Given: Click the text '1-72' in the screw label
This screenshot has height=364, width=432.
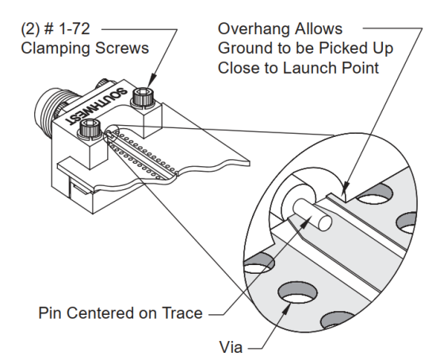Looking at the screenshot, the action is pyautogui.click(x=73, y=29).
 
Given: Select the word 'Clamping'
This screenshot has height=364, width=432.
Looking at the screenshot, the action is pyautogui.click(x=55, y=48).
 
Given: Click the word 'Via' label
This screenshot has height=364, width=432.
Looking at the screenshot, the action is pyautogui.click(x=231, y=347).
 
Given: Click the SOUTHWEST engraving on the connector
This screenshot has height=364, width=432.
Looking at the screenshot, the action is pyautogui.click(x=97, y=106).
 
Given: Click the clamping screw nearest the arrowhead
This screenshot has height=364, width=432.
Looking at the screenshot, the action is pyautogui.click(x=143, y=97).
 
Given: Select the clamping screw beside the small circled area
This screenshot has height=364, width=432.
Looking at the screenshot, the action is pyautogui.click(x=90, y=129).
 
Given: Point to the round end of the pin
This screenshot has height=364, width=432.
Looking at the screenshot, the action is pyautogui.click(x=324, y=223).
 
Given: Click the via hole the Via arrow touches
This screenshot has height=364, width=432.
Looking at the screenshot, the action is pyautogui.click(x=297, y=293).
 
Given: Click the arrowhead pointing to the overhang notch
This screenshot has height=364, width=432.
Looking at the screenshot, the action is pyautogui.click(x=345, y=188).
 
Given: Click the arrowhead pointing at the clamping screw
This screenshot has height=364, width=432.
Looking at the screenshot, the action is pyautogui.click(x=152, y=81).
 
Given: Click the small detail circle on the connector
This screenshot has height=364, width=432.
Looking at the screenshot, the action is pyautogui.click(x=111, y=134).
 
